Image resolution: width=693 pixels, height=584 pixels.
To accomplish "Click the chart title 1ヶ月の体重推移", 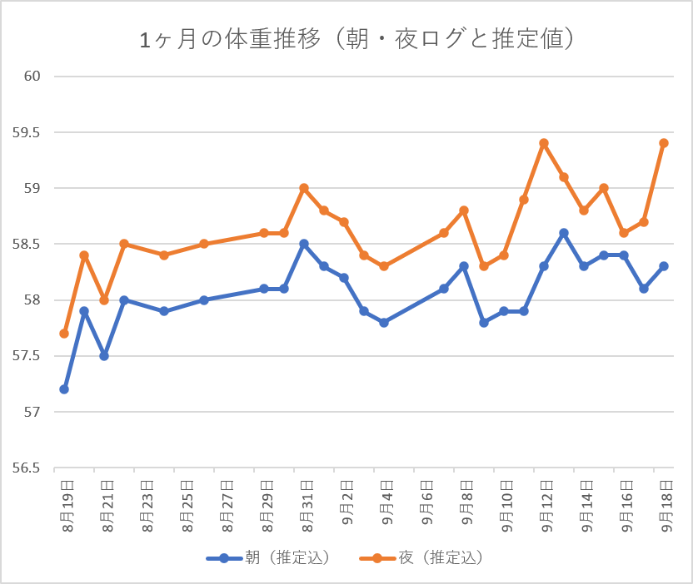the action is pyautogui.click(x=230, y=39).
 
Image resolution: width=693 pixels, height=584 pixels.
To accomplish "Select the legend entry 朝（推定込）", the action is pyautogui.click(x=268, y=558).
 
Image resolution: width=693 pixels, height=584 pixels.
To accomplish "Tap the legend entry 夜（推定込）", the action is pyautogui.click(x=421, y=558).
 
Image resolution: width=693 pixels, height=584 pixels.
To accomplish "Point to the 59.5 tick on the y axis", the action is pyautogui.click(x=26, y=132).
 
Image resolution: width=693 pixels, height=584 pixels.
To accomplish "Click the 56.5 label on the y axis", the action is pyautogui.click(x=26, y=468).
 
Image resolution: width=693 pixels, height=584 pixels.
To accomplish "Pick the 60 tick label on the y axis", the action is pyautogui.click(x=32, y=77).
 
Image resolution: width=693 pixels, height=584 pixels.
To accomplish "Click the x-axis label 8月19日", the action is pyautogui.click(x=68, y=507).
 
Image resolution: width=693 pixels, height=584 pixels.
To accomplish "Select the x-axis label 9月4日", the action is pyautogui.click(x=387, y=502).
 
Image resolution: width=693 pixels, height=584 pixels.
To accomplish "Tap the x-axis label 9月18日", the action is pyautogui.click(x=667, y=507).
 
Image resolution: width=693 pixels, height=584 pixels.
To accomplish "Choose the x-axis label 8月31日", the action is pyautogui.click(x=307, y=507).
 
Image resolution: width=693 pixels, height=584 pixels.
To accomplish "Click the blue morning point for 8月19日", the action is pyautogui.click(x=64, y=389).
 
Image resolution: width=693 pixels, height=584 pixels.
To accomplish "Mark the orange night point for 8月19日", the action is pyautogui.click(x=64, y=334).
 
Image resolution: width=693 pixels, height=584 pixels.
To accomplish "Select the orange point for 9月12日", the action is pyautogui.click(x=544, y=143).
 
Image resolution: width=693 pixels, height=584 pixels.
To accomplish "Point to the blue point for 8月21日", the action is pyautogui.click(x=104, y=356).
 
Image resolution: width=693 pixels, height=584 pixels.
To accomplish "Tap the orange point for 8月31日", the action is pyautogui.click(x=304, y=188).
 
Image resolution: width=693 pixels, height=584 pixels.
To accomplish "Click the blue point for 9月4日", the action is pyautogui.click(x=384, y=323).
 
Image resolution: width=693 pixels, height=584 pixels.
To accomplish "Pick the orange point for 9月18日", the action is pyautogui.click(x=664, y=143).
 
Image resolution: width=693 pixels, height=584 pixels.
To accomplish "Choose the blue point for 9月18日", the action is pyautogui.click(x=664, y=266).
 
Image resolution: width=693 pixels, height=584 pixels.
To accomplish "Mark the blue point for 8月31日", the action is pyautogui.click(x=304, y=244).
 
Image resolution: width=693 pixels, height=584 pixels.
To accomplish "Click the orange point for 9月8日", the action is pyautogui.click(x=464, y=210).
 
